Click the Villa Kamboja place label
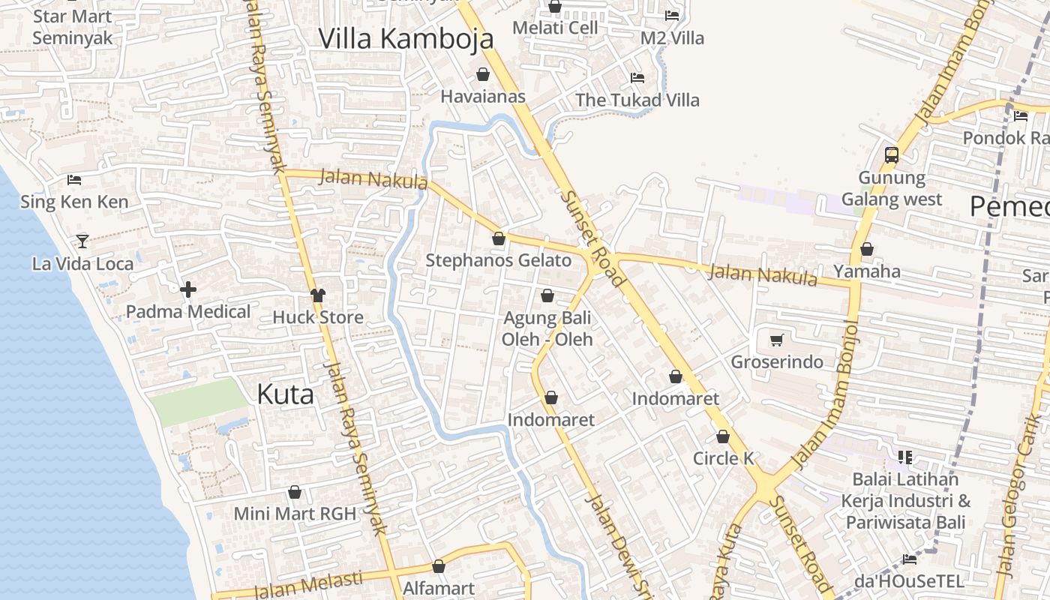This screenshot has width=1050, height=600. click(x=406, y=39)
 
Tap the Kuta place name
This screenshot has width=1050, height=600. click(x=285, y=394)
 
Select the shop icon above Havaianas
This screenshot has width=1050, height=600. click(x=483, y=74)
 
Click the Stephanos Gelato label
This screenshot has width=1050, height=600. click(x=498, y=260)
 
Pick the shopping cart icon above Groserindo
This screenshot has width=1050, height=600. click(x=777, y=340)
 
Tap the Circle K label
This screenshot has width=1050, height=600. click(x=723, y=458)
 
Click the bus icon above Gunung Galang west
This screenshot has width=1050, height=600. click(x=891, y=155)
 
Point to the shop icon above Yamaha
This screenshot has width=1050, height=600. click(x=867, y=249)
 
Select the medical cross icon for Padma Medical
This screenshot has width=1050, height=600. click(x=188, y=289)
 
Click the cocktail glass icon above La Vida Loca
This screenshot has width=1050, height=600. click(x=82, y=241)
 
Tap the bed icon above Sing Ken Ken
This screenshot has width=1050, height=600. click(x=74, y=180)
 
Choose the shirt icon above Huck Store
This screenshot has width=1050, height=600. click(x=318, y=295)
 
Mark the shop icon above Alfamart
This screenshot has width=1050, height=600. click(x=439, y=566)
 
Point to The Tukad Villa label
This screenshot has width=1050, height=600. click(x=637, y=100)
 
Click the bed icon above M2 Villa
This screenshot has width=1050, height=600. click(x=672, y=16)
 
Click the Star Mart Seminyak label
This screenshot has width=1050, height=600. click(x=73, y=27)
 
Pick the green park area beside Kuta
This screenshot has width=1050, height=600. click(x=198, y=401)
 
